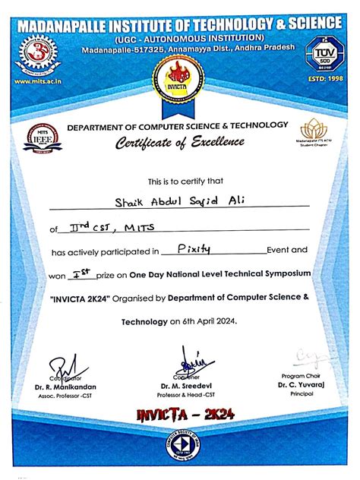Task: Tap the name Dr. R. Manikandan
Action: click(x=66, y=387)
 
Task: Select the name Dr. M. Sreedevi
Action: click(x=182, y=387)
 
